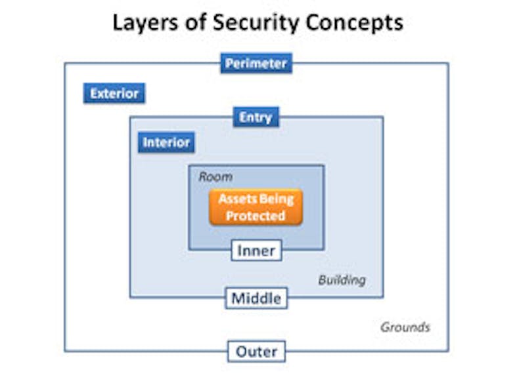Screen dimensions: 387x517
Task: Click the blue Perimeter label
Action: tap(256, 64)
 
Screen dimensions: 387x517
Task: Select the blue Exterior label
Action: tap(114, 93)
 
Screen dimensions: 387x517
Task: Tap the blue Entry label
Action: tap(256, 117)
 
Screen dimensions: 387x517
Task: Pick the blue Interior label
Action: tap(166, 142)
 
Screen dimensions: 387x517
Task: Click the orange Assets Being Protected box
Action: tap(256, 207)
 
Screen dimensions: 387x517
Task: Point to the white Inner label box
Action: tap(256, 250)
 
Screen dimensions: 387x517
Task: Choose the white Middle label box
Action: tap(256, 298)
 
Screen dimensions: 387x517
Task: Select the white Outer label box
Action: tap(256, 351)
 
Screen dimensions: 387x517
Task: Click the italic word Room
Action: tap(215, 177)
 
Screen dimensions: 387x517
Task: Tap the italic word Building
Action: tap(342, 280)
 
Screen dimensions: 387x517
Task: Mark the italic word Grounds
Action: tap(405, 327)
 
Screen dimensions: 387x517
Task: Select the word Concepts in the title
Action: tap(352, 22)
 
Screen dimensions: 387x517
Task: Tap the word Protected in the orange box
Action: tap(256, 216)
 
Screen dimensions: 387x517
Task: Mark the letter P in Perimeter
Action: tap(229, 64)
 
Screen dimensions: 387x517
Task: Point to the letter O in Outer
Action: tap(240, 351)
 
